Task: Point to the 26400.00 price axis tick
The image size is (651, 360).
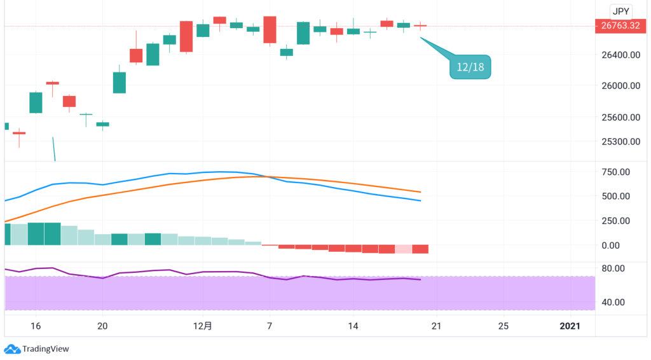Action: (x=621, y=55)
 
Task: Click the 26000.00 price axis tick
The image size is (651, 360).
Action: (x=621, y=86)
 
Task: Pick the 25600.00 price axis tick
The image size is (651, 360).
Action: (x=621, y=117)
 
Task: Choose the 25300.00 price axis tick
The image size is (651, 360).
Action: (x=621, y=141)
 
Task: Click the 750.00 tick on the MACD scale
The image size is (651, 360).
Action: (x=615, y=172)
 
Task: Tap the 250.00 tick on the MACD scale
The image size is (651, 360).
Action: (x=615, y=221)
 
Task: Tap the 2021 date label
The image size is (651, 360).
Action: (x=570, y=326)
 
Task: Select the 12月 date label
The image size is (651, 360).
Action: (x=203, y=326)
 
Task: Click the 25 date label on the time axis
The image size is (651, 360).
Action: (x=504, y=326)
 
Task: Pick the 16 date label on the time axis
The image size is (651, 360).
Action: (x=36, y=326)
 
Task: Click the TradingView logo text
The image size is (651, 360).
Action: (x=45, y=349)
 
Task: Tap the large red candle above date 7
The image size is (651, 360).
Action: (x=270, y=30)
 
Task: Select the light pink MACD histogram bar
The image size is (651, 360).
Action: (x=404, y=249)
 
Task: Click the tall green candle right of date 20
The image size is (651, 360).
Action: (x=120, y=83)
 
